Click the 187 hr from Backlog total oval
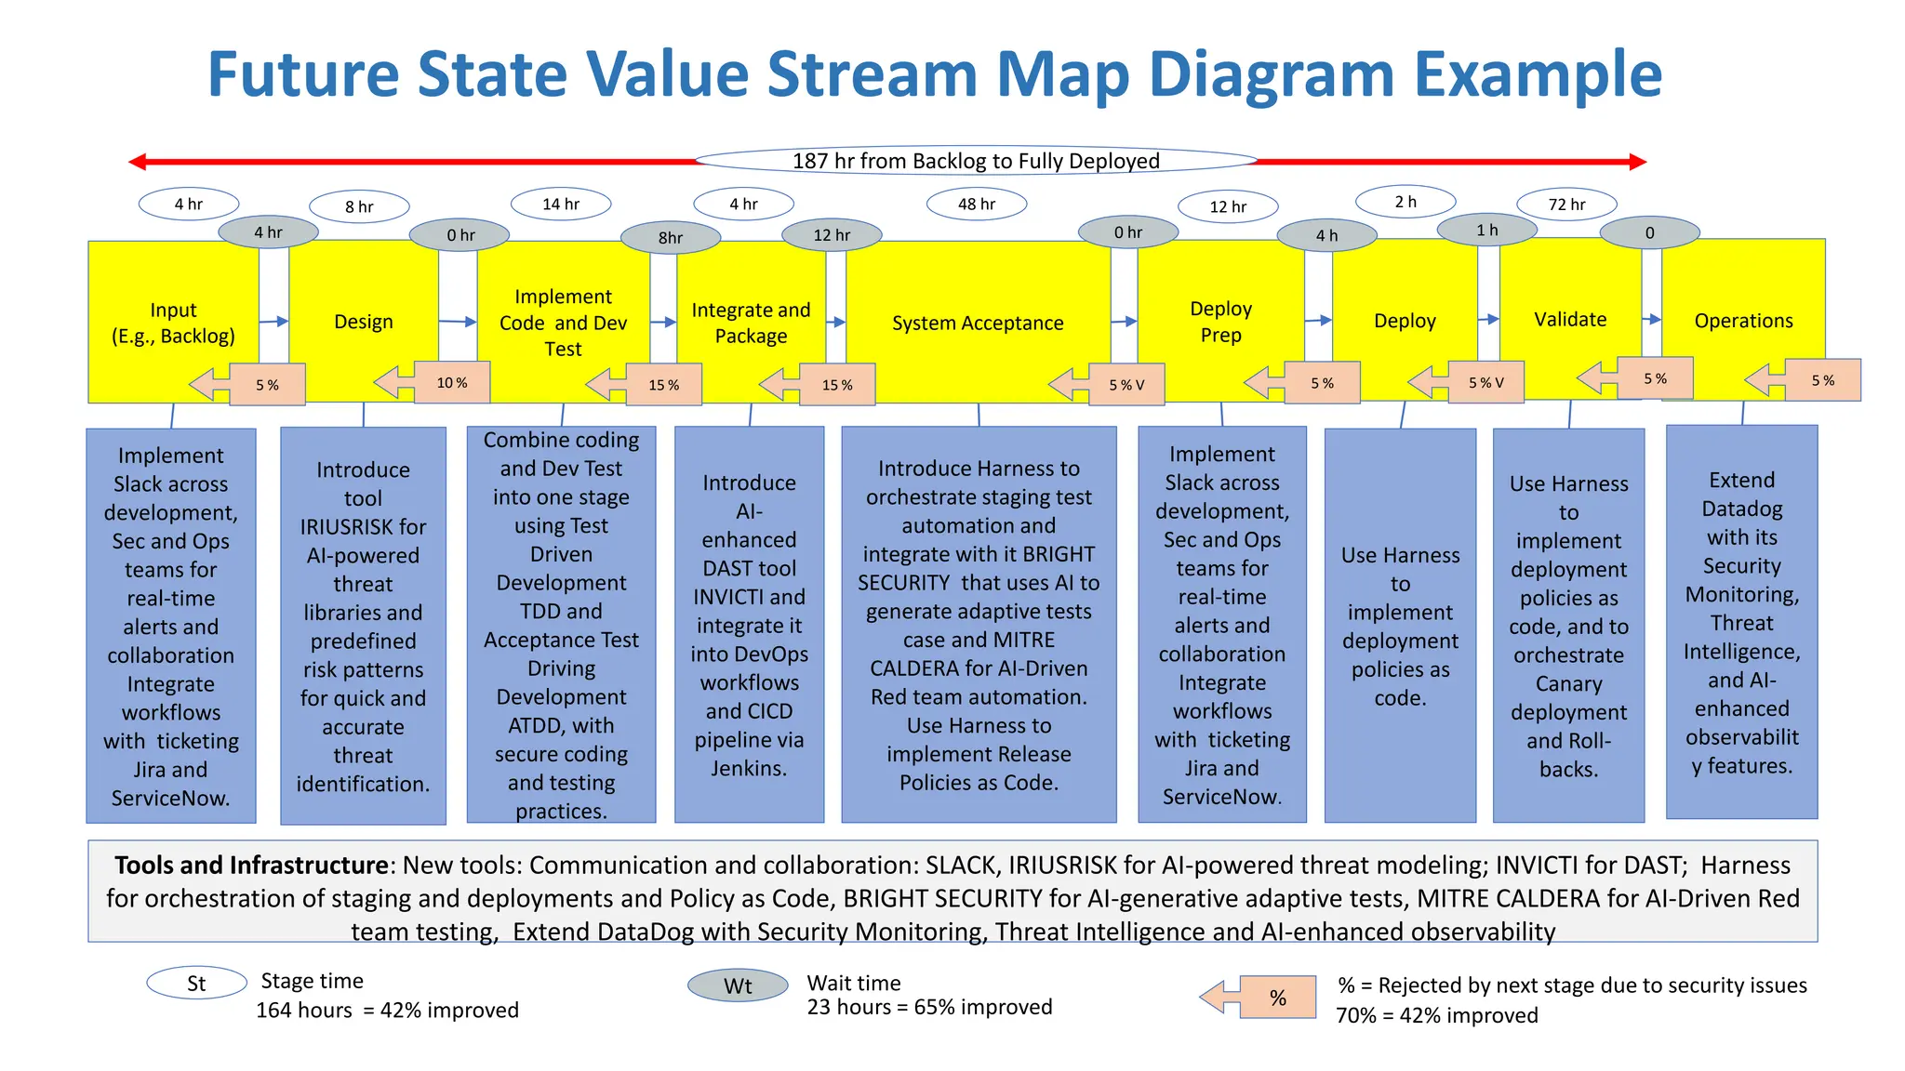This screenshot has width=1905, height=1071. (x=976, y=161)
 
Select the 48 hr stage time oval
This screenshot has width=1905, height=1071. (x=977, y=205)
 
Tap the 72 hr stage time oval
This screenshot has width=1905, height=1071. (x=1566, y=205)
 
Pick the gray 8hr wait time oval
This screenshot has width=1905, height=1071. (x=670, y=238)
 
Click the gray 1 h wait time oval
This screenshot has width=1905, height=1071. (x=1486, y=230)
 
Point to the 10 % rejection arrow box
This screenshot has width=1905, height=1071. (x=451, y=383)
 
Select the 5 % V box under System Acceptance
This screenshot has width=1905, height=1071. (x=1126, y=385)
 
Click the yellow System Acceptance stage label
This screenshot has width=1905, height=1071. (x=977, y=323)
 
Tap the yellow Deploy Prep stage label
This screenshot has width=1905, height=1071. (x=1220, y=322)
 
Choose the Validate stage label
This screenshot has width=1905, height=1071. (x=1570, y=320)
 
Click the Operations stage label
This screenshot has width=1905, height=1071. (x=1743, y=321)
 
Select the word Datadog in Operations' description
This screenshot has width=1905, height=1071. (x=1741, y=509)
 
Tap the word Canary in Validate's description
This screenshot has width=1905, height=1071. (x=1568, y=684)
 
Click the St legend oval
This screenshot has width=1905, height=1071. (x=196, y=984)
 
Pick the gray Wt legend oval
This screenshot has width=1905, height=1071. (x=738, y=986)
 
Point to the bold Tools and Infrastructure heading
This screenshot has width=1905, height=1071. (x=251, y=866)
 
